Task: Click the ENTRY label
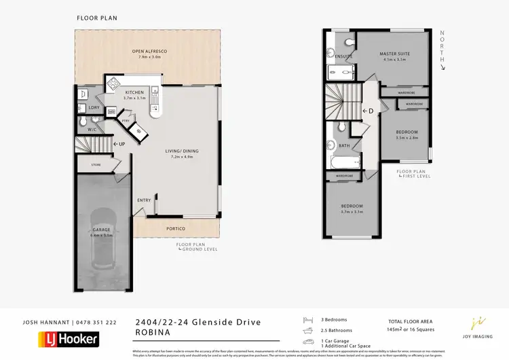pos(144,200)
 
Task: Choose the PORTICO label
pos(176,228)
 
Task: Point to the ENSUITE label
pos(333,55)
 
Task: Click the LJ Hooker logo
pos(69,338)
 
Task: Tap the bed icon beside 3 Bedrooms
pos(307,319)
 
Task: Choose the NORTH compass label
pos(442,43)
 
